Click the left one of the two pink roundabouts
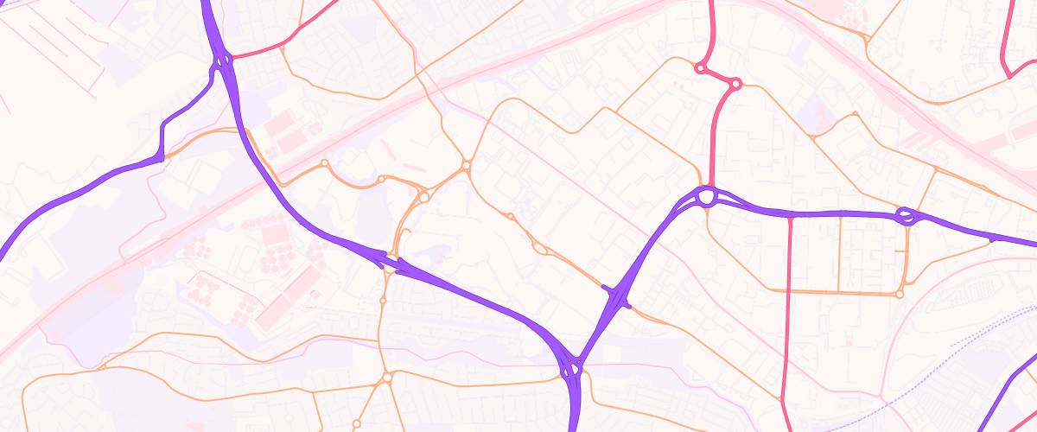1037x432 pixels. (698, 67)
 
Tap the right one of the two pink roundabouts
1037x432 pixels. (735, 84)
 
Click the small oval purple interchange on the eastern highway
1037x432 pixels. (906, 216)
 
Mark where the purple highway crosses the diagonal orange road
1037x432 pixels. (619, 298)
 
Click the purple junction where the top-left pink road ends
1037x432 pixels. (224, 60)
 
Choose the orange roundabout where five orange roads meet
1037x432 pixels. (466, 164)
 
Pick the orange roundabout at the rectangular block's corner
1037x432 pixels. (900, 294)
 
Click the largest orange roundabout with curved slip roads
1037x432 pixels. (423, 197)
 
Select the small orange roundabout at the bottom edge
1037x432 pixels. (355, 423)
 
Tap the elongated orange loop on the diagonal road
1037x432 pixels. (541, 249)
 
